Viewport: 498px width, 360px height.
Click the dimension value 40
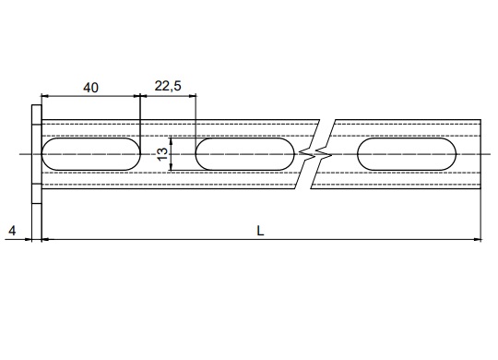click(x=90, y=88)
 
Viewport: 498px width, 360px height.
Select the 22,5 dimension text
click(x=168, y=86)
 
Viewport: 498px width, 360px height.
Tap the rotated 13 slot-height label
click(x=162, y=154)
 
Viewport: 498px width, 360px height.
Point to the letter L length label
click(x=260, y=231)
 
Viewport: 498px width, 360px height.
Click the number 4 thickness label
click(x=12, y=231)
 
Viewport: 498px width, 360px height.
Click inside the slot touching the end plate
click(x=90, y=154)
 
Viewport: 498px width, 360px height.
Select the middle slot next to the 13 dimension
click(x=245, y=154)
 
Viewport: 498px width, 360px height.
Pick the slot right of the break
click(x=407, y=154)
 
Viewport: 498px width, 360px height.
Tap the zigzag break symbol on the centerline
click(x=315, y=154)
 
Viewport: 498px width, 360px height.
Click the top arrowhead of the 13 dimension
click(x=172, y=141)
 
